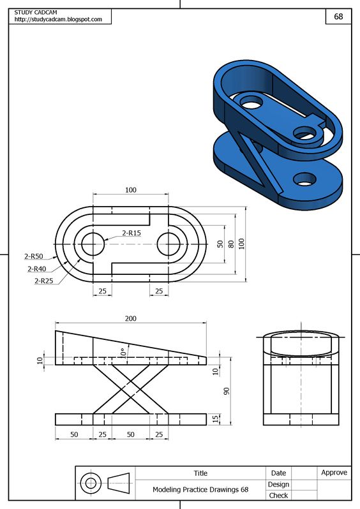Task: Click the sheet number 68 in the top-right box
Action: click(x=338, y=17)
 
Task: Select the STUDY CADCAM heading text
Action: click(x=35, y=12)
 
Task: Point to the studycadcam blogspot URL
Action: click(x=58, y=20)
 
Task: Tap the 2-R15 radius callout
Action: click(x=131, y=233)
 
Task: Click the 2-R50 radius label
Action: click(x=33, y=256)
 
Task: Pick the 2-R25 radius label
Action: click(x=44, y=281)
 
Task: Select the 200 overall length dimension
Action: click(x=131, y=318)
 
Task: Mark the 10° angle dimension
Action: click(x=123, y=353)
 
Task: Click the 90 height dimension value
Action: click(x=227, y=391)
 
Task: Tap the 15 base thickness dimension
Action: click(x=216, y=419)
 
